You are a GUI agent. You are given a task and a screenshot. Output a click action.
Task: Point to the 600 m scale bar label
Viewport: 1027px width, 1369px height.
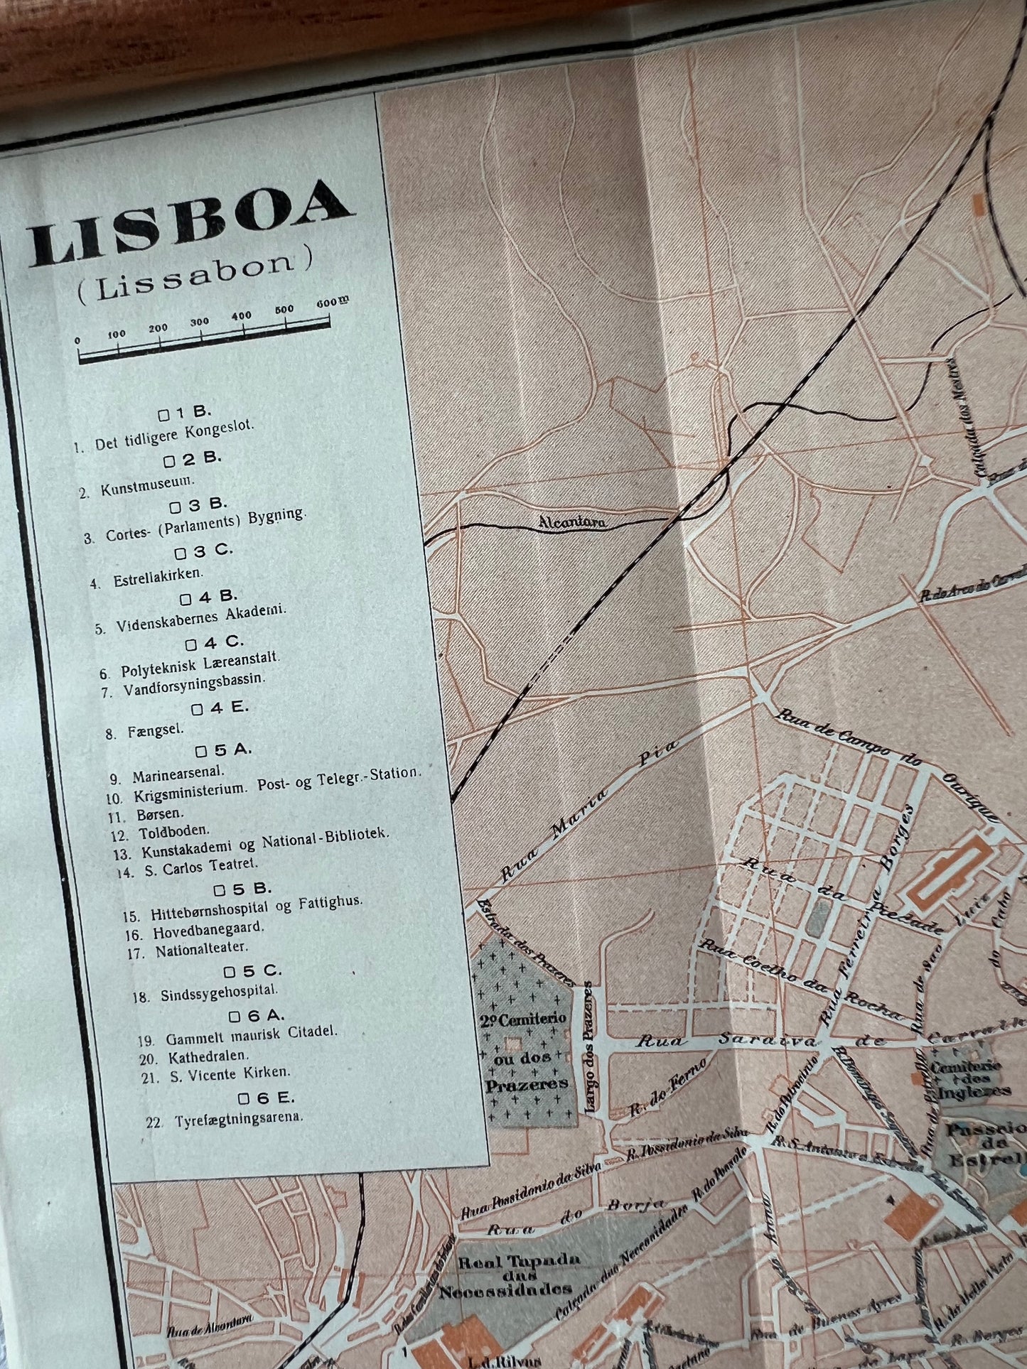332,302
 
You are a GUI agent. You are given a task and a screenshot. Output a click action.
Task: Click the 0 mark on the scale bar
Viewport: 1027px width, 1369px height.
78,340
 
